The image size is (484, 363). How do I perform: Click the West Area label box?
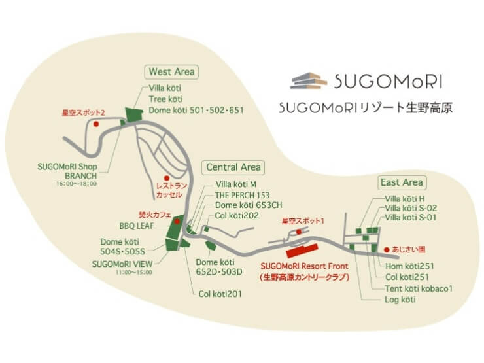click(x=172, y=71)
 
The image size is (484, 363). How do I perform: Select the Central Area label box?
click(x=233, y=167)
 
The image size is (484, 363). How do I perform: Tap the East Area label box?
click(x=402, y=182)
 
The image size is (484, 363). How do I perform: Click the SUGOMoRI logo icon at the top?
click(x=309, y=80)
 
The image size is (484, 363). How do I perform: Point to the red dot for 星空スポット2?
click(x=96, y=123)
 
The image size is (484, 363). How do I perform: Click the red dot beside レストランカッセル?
click(x=167, y=177)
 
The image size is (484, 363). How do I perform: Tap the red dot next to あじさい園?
click(x=387, y=249)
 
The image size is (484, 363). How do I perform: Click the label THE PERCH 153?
click(x=242, y=195)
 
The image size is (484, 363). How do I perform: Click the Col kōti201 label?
click(x=220, y=294)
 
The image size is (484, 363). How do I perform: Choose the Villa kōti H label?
click(x=406, y=198)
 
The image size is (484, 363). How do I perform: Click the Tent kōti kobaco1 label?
click(x=419, y=288)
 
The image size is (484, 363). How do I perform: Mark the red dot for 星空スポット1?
click(x=298, y=232)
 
